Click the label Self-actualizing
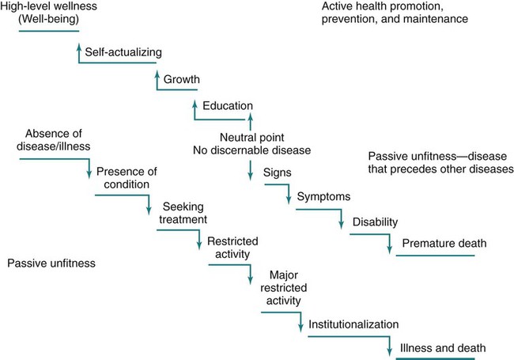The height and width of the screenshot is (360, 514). point(123,52)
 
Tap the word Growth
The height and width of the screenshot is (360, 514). point(182,79)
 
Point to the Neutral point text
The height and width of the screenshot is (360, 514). point(249,135)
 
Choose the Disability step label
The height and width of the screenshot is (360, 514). point(375,222)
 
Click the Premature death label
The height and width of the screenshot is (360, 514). point(444,243)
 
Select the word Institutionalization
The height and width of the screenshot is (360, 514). point(353,324)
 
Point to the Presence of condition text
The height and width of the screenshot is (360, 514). point(123,177)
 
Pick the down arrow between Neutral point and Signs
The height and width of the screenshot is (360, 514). point(250,170)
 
